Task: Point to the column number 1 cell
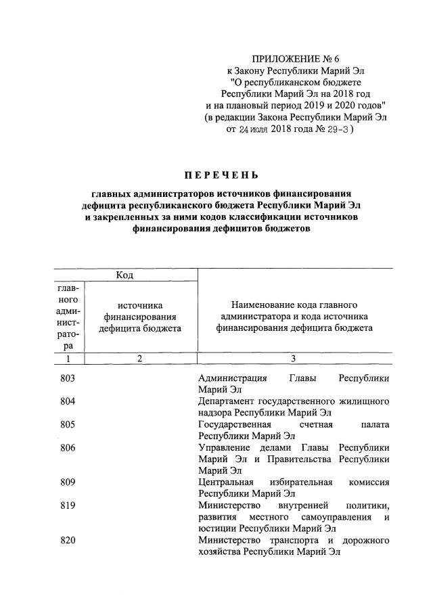(70, 359)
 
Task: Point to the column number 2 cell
(139, 359)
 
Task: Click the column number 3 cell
(293, 359)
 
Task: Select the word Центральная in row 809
(229, 482)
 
